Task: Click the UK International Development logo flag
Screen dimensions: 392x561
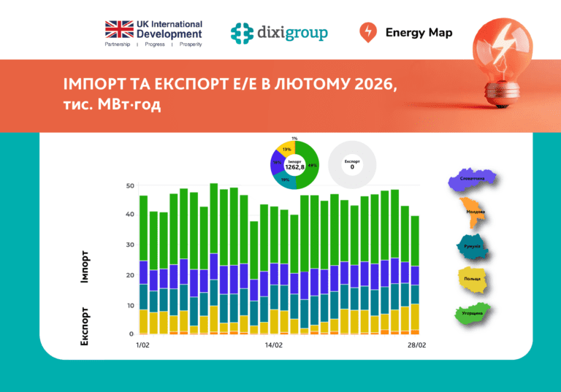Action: (119, 29)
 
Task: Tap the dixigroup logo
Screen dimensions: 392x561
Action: (279, 33)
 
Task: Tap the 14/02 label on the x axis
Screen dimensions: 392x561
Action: (274, 344)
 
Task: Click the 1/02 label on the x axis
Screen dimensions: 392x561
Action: (142, 344)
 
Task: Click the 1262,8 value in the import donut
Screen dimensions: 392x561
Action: (294, 167)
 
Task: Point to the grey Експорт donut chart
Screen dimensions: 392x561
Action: (352, 164)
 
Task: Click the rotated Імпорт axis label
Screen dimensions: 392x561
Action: (85, 267)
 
